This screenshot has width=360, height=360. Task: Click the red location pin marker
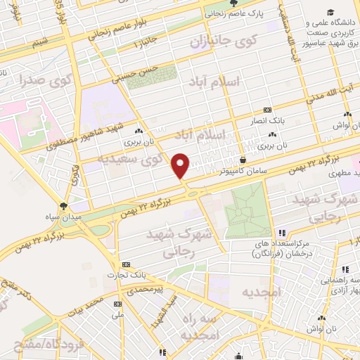[181, 165]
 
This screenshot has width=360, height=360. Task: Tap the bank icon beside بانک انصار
[267, 110]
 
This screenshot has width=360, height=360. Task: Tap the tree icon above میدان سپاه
[64, 206]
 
